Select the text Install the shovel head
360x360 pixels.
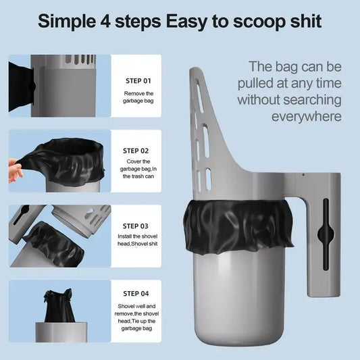(x=139, y=241)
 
